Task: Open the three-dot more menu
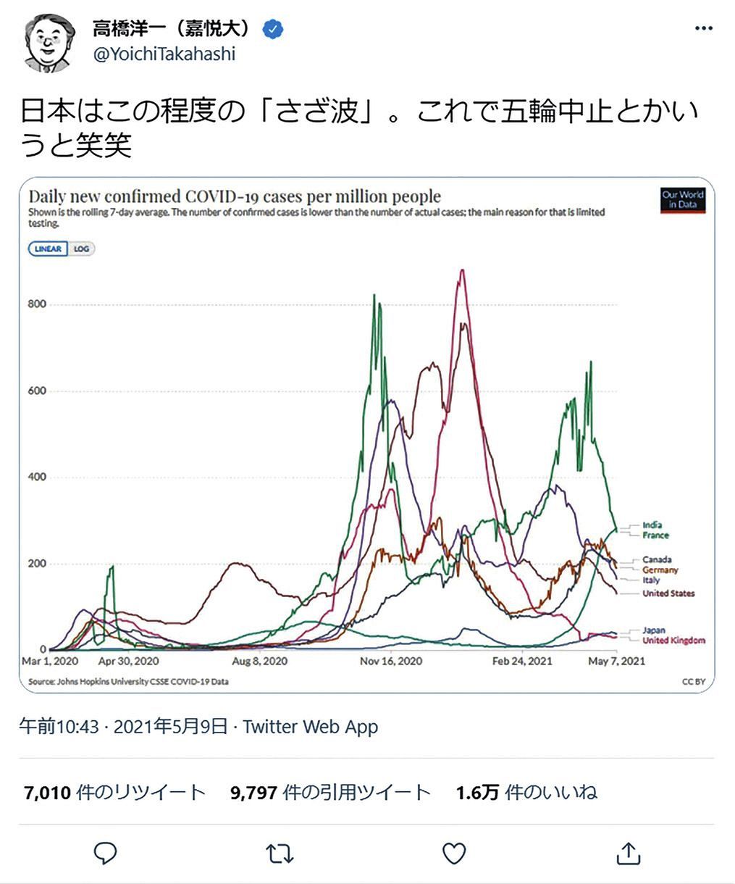coord(703,28)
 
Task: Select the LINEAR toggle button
coord(49,249)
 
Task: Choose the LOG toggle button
coord(81,249)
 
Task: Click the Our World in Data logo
coord(682,200)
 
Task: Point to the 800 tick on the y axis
coord(37,304)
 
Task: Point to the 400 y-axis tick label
coord(37,477)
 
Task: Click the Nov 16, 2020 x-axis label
coord(391,662)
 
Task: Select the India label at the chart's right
coord(652,525)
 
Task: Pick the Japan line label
coord(653,630)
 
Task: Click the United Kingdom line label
coord(673,641)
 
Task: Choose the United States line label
coord(668,593)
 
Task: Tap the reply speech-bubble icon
coord(106,854)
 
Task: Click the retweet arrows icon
coord(280,854)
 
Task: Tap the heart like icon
coord(454,854)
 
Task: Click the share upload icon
coord(629,854)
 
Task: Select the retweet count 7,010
coord(48,793)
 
